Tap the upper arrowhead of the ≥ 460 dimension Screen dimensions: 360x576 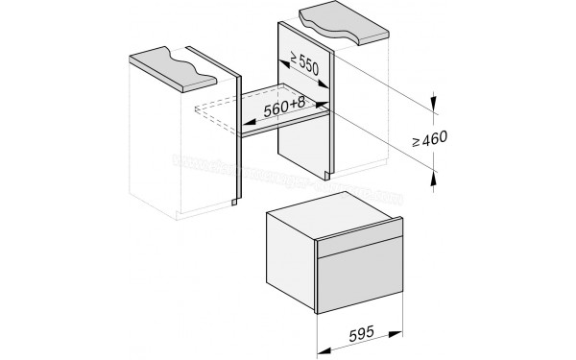coord(435,96)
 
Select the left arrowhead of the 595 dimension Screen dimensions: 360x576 coord(321,339)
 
